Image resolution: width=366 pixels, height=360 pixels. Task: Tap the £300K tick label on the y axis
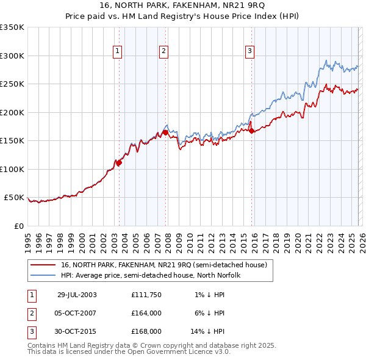(12, 56)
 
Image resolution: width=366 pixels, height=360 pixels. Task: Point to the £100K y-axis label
(12, 169)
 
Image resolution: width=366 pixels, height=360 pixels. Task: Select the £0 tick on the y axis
(19, 226)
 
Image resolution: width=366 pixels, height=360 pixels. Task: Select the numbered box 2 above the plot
(164, 51)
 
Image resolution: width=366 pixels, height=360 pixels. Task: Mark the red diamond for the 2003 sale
(120, 162)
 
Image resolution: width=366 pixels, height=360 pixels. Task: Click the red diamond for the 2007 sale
(165, 132)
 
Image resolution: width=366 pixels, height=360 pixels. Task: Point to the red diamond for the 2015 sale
(252, 131)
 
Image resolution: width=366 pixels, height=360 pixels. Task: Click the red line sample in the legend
(43, 265)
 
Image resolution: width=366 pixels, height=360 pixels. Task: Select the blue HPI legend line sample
(43, 275)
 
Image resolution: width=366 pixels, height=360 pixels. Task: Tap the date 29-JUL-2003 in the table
(77, 295)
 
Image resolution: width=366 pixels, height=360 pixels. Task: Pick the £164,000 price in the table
(146, 313)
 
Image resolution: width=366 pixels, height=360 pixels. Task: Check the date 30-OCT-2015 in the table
(77, 331)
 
